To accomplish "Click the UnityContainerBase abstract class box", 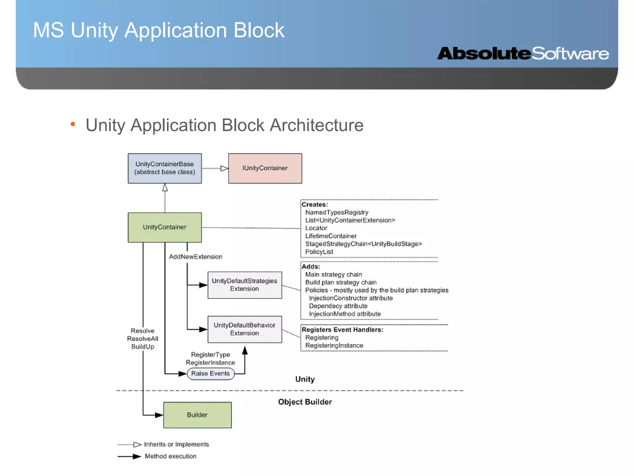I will pos(165,168).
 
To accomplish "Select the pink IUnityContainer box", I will pos(265,168).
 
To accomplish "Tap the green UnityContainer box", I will pos(165,227).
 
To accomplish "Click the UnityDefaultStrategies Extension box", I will pos(245,285).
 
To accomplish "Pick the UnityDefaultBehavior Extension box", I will pos(245,329).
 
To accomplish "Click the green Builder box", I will pos(197,415).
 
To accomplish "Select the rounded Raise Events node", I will pos(211,374).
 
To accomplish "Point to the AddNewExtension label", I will pos(195,257).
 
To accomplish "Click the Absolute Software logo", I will pos(523,54).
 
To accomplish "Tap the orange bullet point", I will pos(73,124).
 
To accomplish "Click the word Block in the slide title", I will pos(259,30).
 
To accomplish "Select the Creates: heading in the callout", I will pos(315,205).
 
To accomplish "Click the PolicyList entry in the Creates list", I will pos(319,252).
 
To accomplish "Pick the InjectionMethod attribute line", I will pos(345,314).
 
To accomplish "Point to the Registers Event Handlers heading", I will pos(342,330).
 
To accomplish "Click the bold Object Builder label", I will pos(305,402).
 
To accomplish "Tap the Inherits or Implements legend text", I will pos(176,444).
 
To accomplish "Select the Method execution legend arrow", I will pos(129,456).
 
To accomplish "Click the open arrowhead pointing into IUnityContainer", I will pos(224,168).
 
